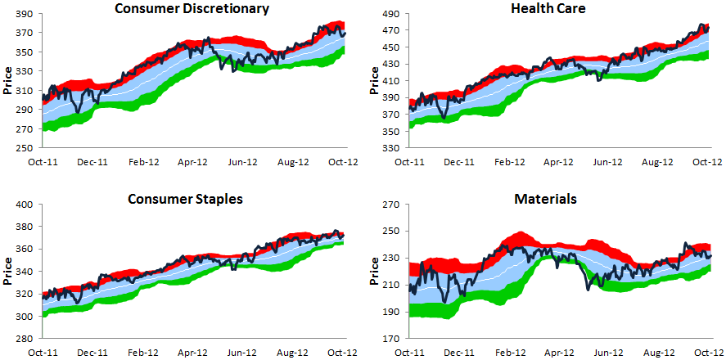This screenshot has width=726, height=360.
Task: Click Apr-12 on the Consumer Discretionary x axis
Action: click(193, 163)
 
